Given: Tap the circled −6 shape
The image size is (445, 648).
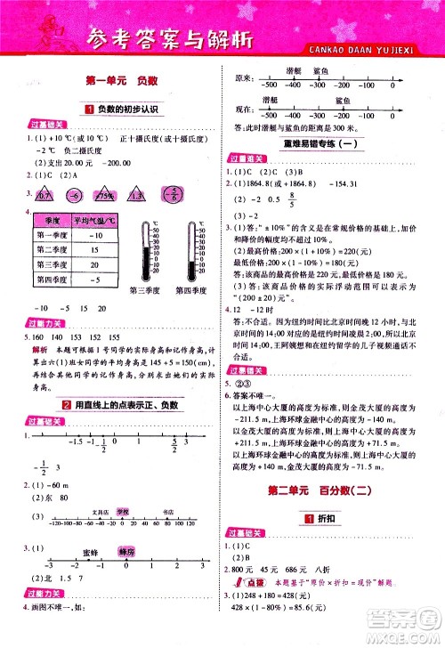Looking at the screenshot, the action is pos(77,197).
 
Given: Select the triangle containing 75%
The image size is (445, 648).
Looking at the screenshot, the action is pos(108,197).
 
